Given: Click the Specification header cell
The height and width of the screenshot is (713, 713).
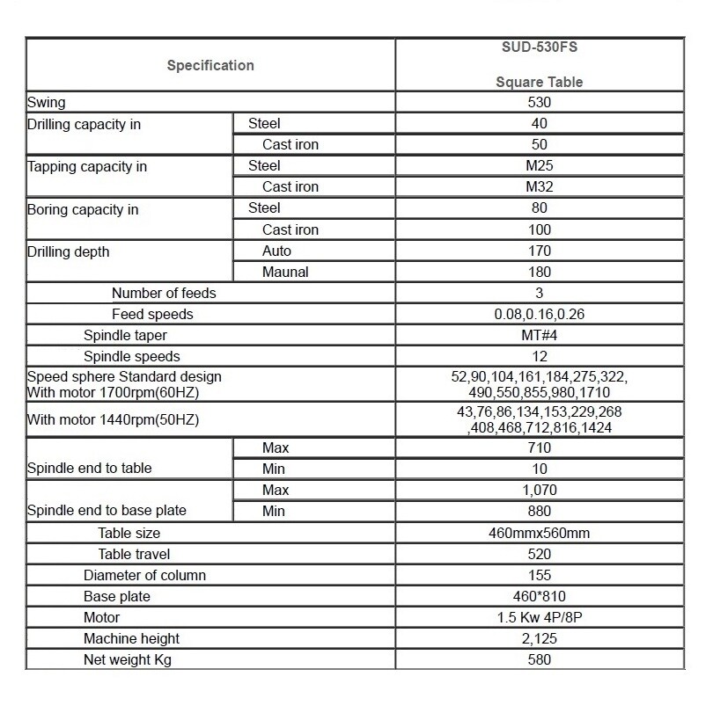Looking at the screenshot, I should tap(210, 65).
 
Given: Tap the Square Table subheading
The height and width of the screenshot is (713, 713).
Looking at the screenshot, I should tap(540, 82).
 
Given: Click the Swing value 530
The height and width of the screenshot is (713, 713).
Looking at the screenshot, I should tap(540, 103).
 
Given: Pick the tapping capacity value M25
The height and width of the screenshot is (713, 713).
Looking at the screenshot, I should tap(540, 166).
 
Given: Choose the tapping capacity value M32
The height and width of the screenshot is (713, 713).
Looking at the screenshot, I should tap(540, 187).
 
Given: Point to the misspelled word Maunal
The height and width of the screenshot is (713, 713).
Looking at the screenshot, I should tap(285, 273).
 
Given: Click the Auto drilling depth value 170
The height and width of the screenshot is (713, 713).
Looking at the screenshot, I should tap(540, 251).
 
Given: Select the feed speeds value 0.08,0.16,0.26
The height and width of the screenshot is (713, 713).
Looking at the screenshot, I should tap(540, 315).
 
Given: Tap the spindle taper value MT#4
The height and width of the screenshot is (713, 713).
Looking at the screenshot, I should tap(540, 336).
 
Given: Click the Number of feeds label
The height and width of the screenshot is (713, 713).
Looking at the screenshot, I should tap(164, 294).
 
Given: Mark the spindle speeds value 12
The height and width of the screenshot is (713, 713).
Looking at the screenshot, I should tap(540, 357).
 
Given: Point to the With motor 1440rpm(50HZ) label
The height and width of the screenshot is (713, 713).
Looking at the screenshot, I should tap(114, 420).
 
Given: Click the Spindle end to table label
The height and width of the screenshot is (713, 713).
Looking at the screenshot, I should tap(90, 469).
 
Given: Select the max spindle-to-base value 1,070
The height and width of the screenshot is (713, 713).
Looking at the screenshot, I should tap(540, 491).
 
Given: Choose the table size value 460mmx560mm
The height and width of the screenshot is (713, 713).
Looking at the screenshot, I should tap(540, 533).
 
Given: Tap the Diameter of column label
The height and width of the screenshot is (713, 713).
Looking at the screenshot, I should tap(145, 576).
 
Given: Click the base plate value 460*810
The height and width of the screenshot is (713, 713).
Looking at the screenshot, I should tap(540, 597).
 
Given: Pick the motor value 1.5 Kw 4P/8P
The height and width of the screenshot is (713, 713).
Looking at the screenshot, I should tap(540, 618).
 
